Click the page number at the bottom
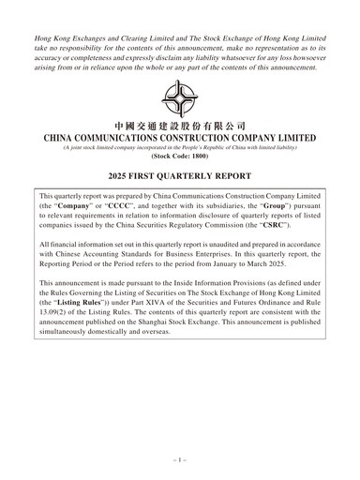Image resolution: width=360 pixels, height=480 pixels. pos(180,461)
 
